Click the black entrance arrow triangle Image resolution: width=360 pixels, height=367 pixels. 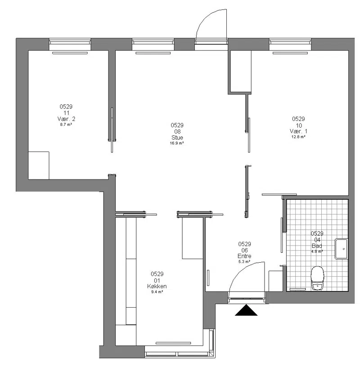tap(246, 310)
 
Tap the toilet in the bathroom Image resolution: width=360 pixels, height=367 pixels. tap(317, 278)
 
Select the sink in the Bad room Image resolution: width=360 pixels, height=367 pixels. tap(341, 249)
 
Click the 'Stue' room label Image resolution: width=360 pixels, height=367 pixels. tap(177, 137)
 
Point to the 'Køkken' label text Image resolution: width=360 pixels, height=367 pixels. tap(157, 286)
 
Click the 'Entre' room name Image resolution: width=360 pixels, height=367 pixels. tap(244, 256)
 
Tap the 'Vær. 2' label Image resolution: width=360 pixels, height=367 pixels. tap(66, 119)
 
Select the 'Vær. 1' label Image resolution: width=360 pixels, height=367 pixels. tap(298, 131)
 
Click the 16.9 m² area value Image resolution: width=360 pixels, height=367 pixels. tap(177, 143)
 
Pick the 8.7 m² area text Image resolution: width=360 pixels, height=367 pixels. tap(66, 125)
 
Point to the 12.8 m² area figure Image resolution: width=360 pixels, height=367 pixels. tap(298, 137)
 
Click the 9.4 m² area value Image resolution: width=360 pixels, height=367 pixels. tap(157, 292)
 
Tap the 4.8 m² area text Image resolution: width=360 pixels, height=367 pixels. tap(317, 251)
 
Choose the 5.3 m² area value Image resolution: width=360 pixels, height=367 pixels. tap(244, 262)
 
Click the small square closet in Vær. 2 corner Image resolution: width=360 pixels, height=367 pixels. tap(39, 166)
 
